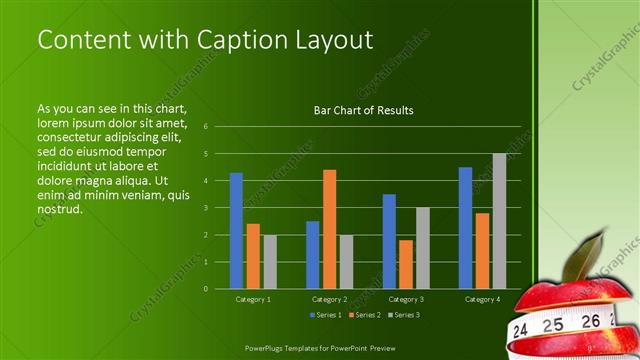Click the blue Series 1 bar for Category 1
point(236,230)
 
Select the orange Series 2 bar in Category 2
point(329,229)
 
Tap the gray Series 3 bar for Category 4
point(499,221)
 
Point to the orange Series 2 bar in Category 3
point(406,264)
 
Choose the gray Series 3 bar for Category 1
point(270,261)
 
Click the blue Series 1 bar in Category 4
point(465,227)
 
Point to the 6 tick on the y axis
point(205,127)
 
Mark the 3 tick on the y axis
point(205,208)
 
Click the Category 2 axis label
point(329,299)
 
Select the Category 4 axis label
point(482,299)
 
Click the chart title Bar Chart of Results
point(363,110)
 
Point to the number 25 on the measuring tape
point(552,325)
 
